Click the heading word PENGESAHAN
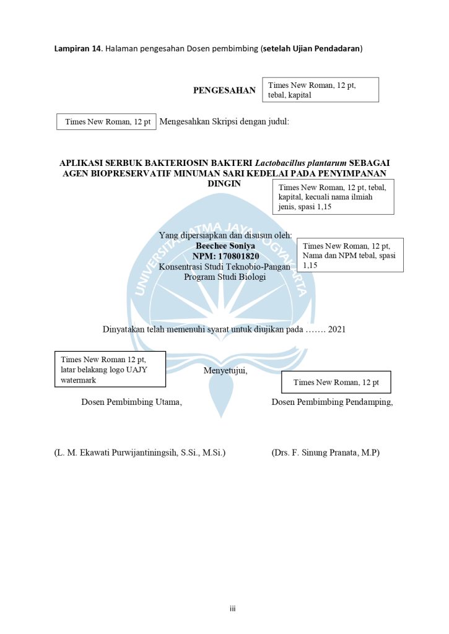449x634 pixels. tap(224, 90)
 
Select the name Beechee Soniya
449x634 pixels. tap(225, 246)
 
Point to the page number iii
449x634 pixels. tap(232, 609)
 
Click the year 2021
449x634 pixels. tap(337, 329)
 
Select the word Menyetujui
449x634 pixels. tap(225, 371)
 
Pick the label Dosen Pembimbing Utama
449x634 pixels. tap(131, 402)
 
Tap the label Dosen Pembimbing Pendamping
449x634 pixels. tap(332, 402)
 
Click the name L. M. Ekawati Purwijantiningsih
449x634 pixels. tap(139, 453)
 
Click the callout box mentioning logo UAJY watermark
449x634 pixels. tap(113, 370)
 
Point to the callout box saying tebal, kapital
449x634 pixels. tap(321, 90)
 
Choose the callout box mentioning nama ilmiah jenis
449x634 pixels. tap(333, 197)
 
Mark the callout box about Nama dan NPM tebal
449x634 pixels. tap(350, 255)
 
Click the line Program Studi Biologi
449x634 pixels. tap(225, 277)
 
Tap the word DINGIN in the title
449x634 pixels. tap(224, 184)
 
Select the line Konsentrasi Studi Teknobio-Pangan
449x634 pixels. tap(224, 267)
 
